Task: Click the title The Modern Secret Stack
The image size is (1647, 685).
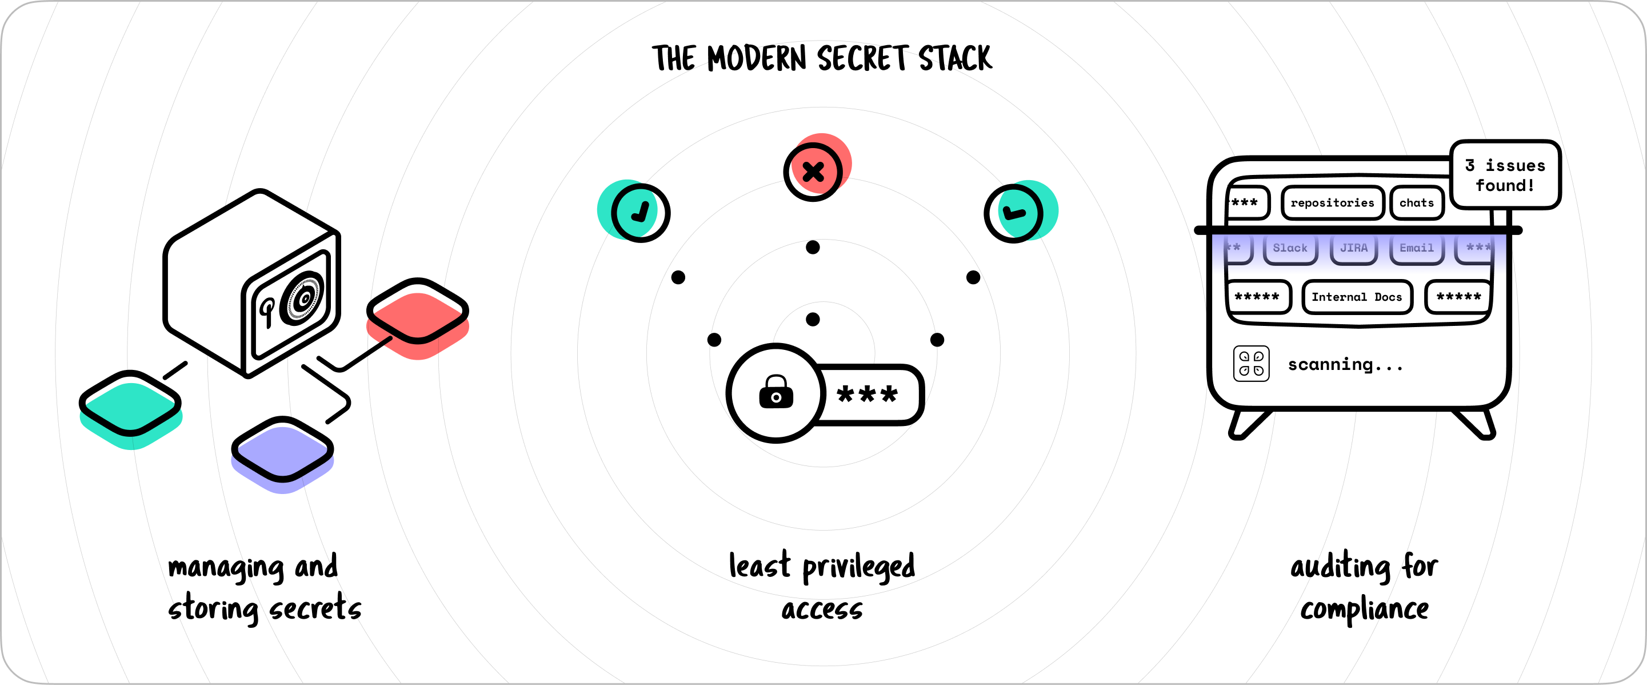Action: pos(822,59)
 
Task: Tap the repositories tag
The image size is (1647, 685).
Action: pos(1333,203)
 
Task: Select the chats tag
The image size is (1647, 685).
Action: pos(1417,203)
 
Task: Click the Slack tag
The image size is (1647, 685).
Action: pos(1290,248)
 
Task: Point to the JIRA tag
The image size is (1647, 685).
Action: pos(1353,248)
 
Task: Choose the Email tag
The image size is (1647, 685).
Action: pos(1417,248)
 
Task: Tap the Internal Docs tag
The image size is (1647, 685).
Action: pos(1357,297)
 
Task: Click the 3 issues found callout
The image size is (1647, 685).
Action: pos(1505,174)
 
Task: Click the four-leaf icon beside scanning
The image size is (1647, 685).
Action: pos(1251,364)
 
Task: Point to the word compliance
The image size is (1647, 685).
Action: pos(1364,610)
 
